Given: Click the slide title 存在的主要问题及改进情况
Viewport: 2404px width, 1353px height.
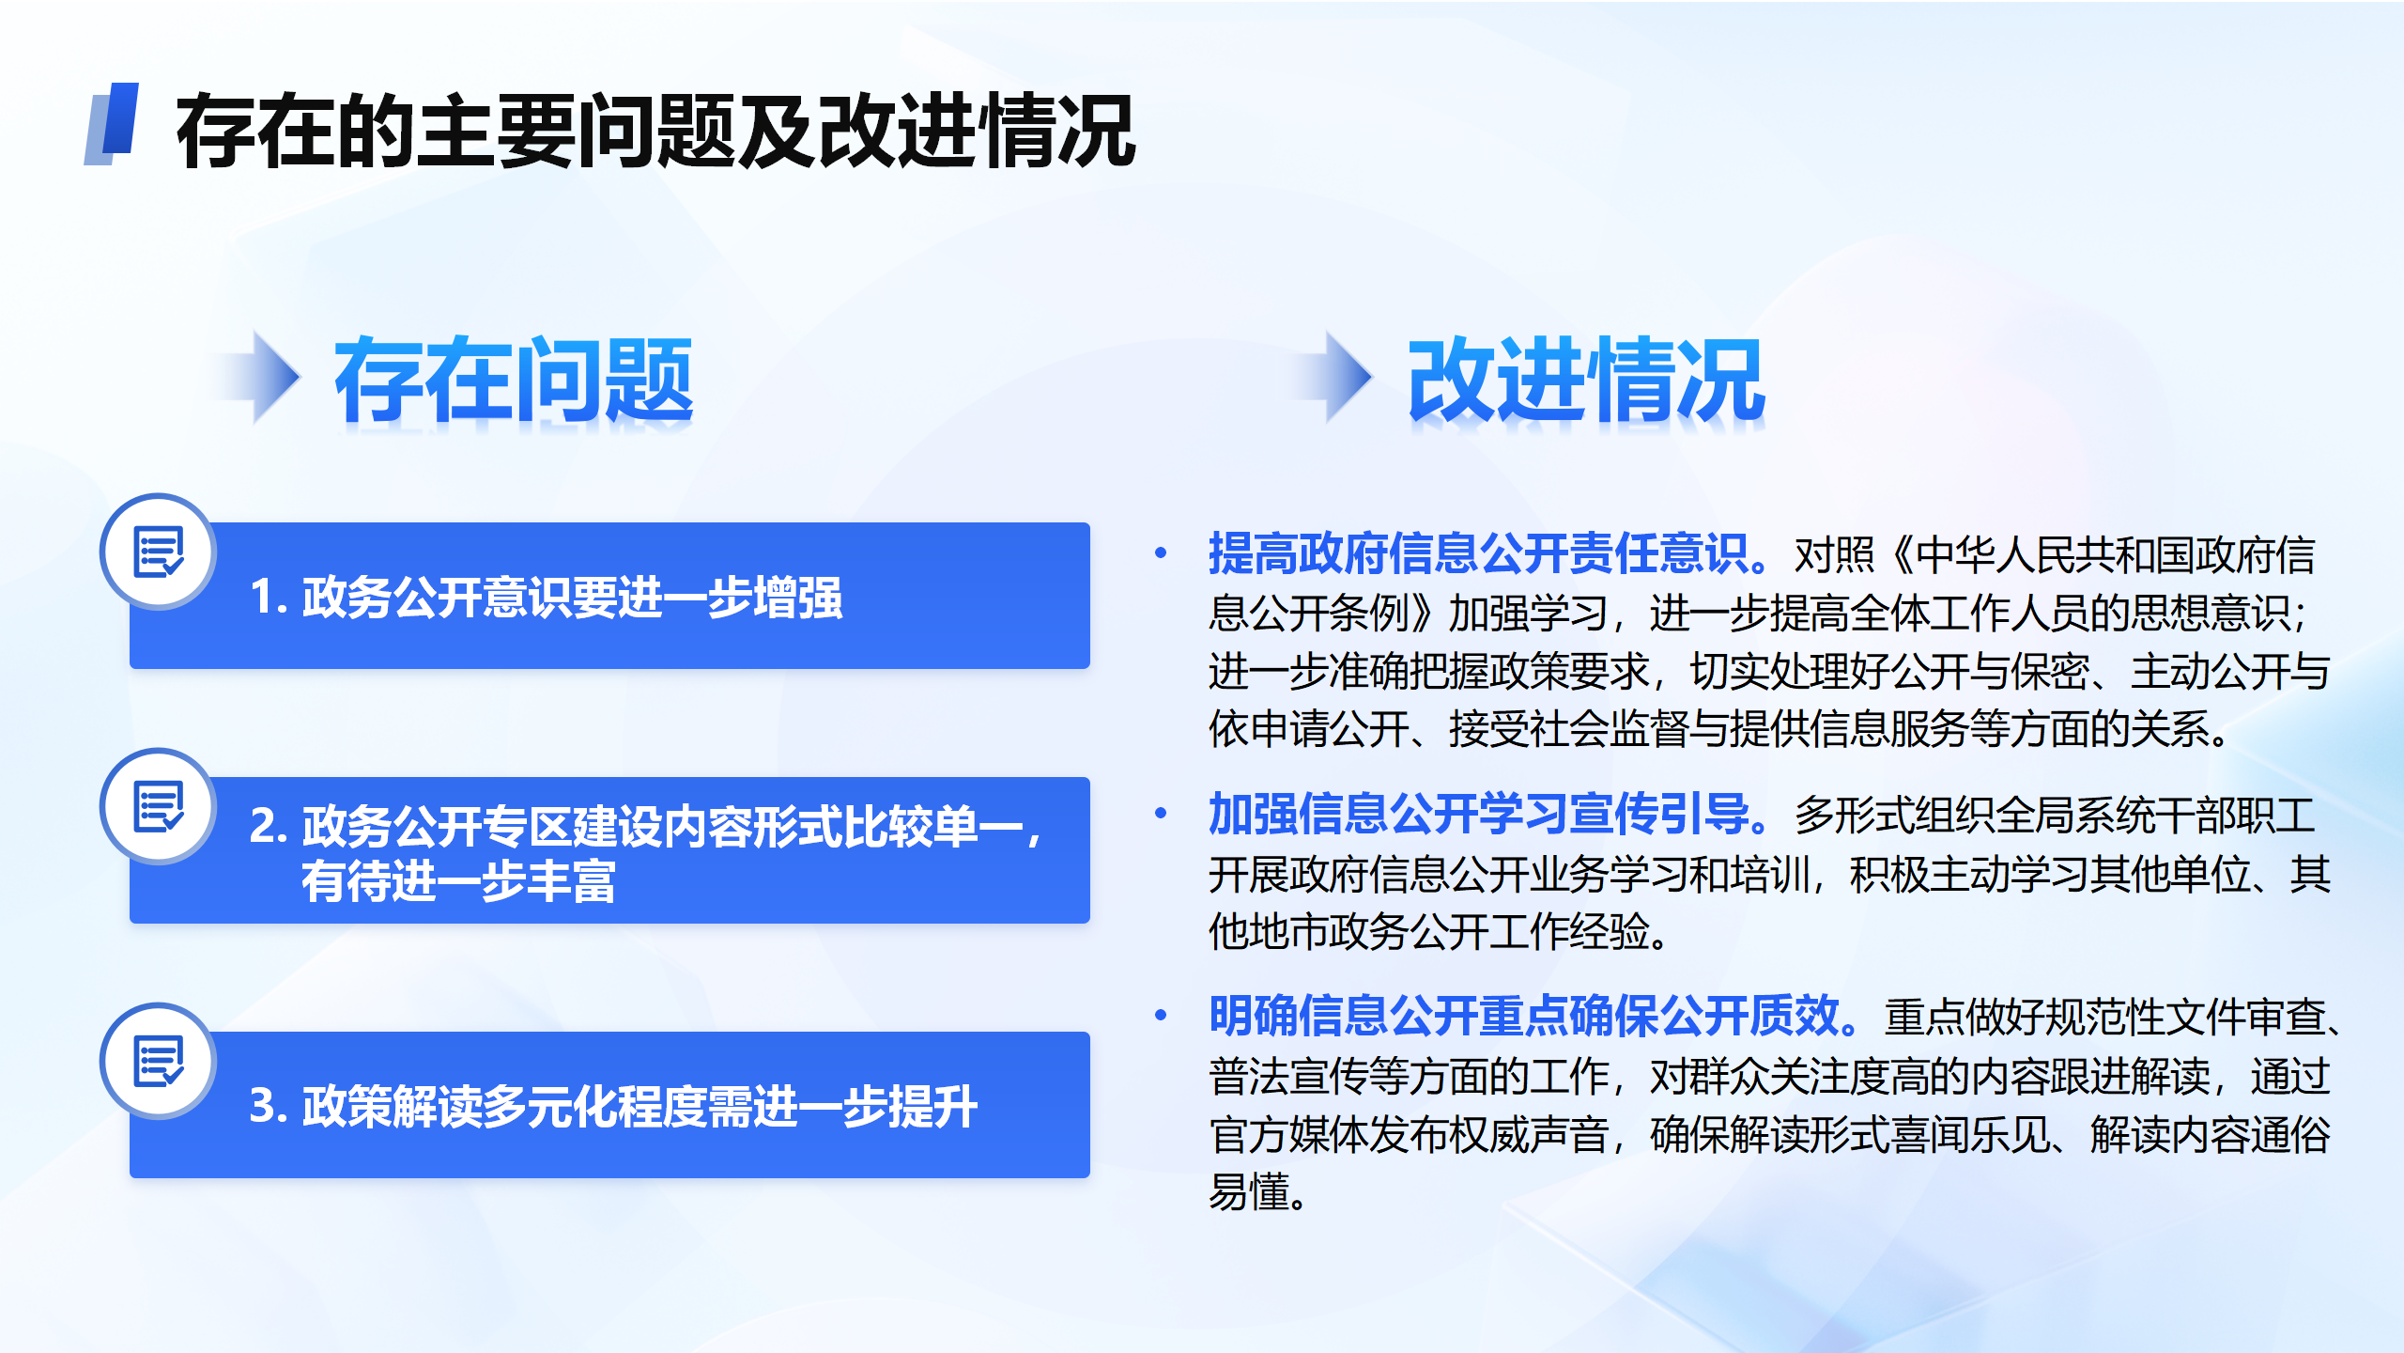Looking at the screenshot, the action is pos(655,132).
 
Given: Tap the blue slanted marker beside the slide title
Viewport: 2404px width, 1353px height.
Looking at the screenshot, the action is pos(112,124).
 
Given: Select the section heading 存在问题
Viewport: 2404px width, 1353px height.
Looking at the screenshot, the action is pos(514,380).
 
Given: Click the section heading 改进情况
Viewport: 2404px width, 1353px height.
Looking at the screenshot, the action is pos(1586,380).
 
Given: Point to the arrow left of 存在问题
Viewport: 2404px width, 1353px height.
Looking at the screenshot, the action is pos(258,377).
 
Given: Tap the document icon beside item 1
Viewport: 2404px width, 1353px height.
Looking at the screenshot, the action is pos(159,552).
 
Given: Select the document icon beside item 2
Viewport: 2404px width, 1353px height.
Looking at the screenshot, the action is pos(159,806).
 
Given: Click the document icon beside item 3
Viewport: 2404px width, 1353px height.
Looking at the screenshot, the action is pos(159,1061).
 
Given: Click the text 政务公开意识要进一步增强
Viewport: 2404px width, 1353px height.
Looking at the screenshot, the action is pos(572,598).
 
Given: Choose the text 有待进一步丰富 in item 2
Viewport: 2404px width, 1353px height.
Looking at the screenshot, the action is pos(458,881).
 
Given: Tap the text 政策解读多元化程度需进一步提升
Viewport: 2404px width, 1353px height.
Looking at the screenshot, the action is pos(640,1106).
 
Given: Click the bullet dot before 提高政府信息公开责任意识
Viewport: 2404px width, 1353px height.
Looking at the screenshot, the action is pos(1161,553).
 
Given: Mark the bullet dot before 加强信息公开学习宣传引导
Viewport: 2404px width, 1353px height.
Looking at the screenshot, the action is pos(1161,814).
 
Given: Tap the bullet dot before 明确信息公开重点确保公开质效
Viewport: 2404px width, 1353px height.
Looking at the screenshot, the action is pos(1161,1016).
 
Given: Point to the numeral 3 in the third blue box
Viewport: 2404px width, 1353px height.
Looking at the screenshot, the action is pos(263,1107).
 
